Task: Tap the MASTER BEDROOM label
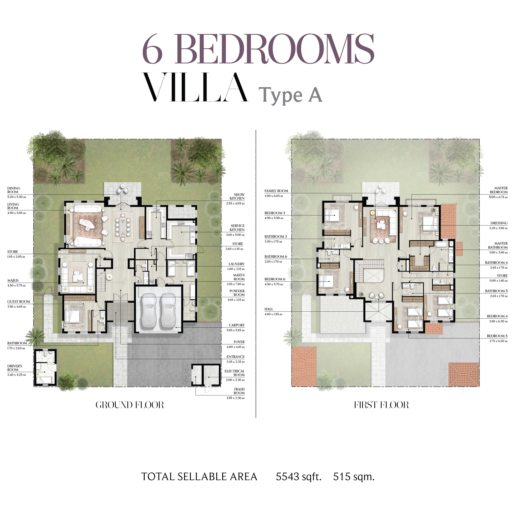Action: tap(499, 190)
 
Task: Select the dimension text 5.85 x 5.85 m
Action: tap(235, 330)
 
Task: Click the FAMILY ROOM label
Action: tap(276, 191)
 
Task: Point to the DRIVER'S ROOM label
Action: tap(15, 368)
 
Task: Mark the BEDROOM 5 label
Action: tap(497, 336)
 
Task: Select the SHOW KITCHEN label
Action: tap(237, 196)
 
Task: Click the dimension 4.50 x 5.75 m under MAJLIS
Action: tap(16, 285)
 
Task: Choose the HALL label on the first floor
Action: tap(269, 309)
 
